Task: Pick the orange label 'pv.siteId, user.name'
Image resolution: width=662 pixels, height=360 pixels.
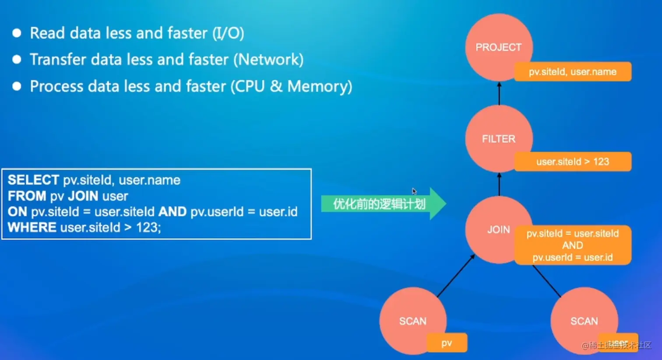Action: [x=573, y=72]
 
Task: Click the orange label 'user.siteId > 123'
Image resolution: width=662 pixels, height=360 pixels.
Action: [x=573, y=162]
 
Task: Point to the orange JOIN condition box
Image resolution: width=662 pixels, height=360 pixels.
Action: [x=573, y=245]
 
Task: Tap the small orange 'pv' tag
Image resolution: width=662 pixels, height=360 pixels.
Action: [x=447, y=343]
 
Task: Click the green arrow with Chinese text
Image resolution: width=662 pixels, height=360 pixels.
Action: [x=381, y=204]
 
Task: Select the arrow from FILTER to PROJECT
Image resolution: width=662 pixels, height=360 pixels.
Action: [x=499, y=93]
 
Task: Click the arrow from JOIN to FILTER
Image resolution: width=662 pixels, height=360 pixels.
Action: [x=499, y=184]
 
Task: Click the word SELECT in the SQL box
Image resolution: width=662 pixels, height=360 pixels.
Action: [x=33, y=180]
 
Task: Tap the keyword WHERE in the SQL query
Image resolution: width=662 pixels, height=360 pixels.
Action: [x=32, y=227]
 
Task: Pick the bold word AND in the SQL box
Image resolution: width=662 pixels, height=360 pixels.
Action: [x=173, y=212]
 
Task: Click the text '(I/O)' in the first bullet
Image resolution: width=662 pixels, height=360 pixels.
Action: [x=228, y=33]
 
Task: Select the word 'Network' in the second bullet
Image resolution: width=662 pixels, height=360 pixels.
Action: [x=268, y=60]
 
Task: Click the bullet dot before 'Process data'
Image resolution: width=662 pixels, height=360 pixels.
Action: [x=17, y=86]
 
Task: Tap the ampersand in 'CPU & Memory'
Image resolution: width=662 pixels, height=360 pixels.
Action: [x=276, y=86]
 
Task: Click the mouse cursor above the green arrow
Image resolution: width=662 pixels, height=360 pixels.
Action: [x=414, y=191]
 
